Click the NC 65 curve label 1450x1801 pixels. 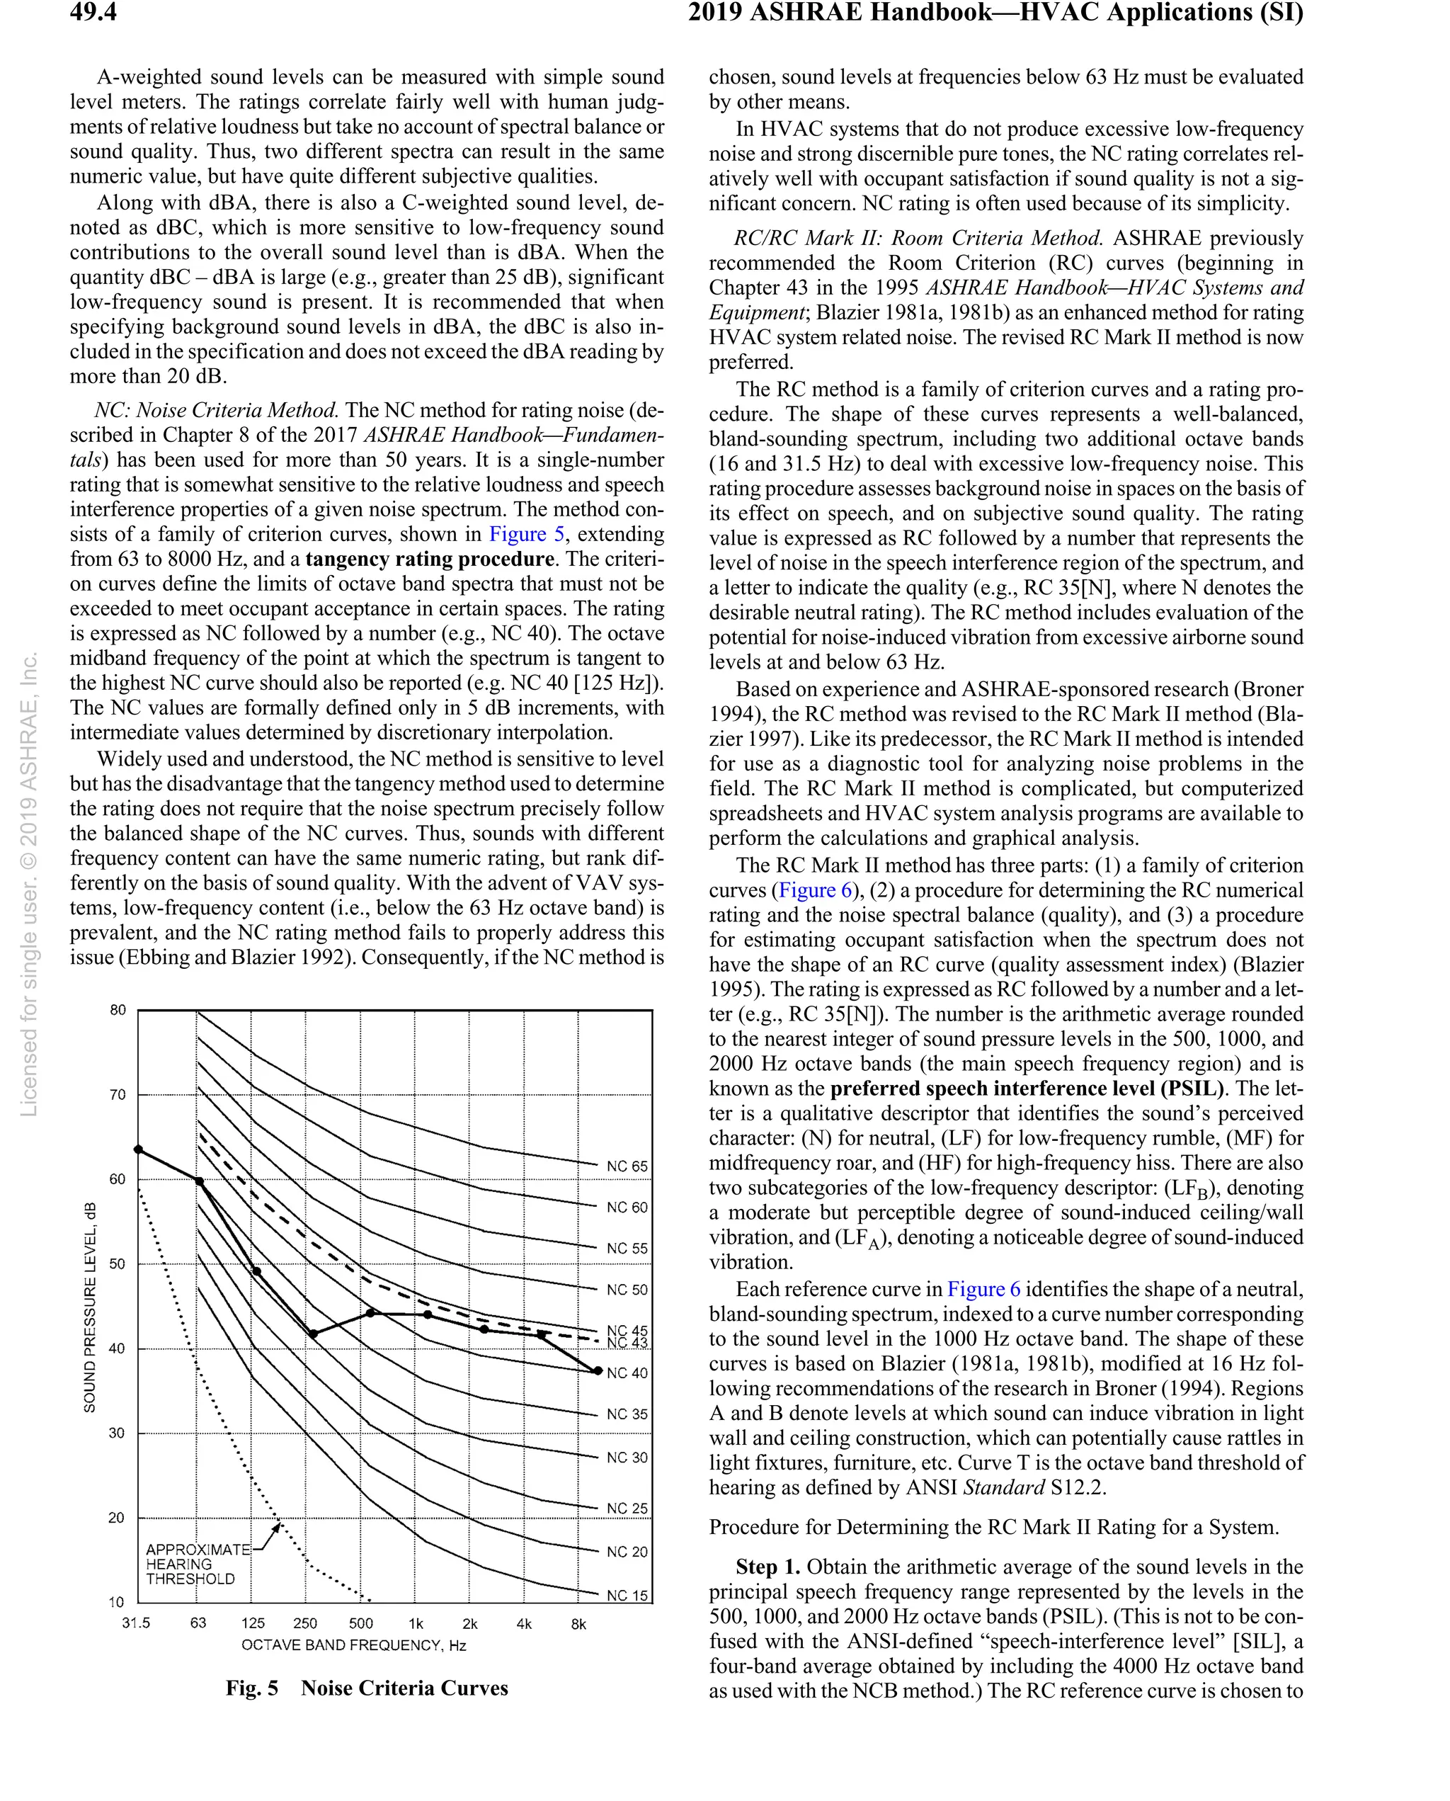click(627, 1166)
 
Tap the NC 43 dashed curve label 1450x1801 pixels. click(627, 1343)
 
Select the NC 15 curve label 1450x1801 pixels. click(627, 1596)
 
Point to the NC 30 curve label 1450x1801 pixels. click(627, 1458)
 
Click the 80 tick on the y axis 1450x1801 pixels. click(118, 1010)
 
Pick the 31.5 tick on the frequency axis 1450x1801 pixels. click(135, 1623)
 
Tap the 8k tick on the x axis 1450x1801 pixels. click(578, 1624)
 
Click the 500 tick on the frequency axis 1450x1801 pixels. click(361, 1624)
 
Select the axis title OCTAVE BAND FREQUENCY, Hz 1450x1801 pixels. click(353, 1646)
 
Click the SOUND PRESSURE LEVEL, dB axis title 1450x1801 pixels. click(89, 1307)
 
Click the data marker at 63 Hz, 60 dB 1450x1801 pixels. click(199, 1181)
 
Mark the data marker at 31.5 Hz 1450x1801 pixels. click(139, 1149)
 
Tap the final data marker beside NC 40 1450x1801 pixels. click(598, 1371)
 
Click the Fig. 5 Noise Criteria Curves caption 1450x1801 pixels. click(367, 1689)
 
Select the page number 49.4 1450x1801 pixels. click(93, 13)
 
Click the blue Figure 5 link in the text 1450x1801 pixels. click(526, 535)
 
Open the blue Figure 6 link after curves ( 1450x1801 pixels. click(815, 890)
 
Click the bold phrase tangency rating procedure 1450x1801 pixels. click(429, 559)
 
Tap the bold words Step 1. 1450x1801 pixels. click(767, 1567)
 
